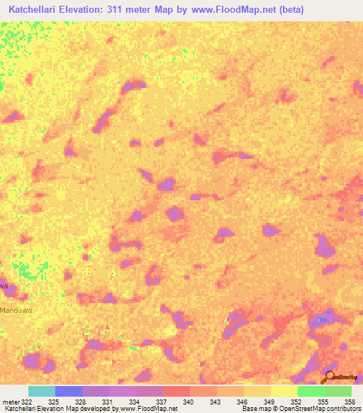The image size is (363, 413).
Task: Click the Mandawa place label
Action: pyautogui.click(x=16, y=310)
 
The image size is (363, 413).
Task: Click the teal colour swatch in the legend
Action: pyautogui.click(x=42, y=391)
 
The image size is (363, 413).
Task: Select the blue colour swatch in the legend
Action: pyautogui.click(x=69, y=391)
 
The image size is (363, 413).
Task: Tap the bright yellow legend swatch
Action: pyautogui.click(x=284, y=391)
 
